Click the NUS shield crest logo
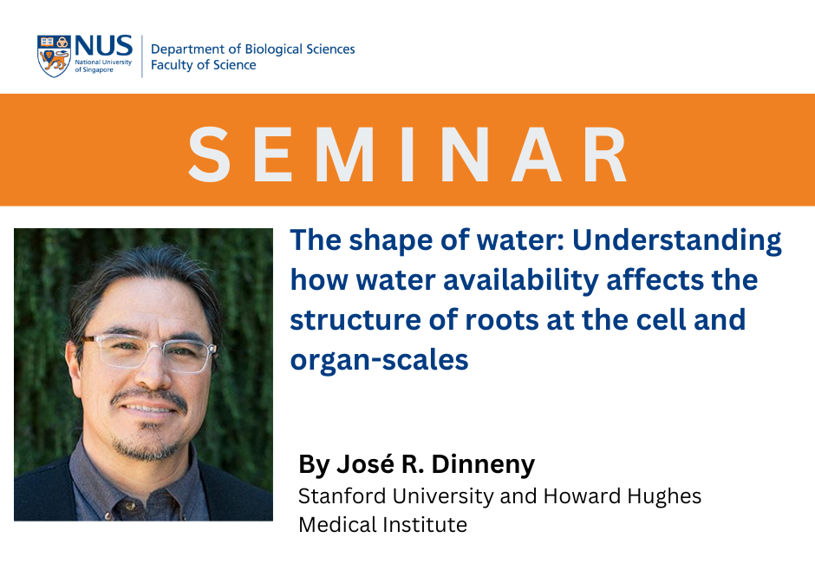pos(54,56)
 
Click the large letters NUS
pos(104,45)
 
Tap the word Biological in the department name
pos(273,50)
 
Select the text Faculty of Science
pos(203,65)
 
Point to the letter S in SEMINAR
pos(210,154)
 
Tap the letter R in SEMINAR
pos(605,154)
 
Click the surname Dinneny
pos(483,464)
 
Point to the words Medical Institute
pos(382,524)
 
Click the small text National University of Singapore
pos(103,66)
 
